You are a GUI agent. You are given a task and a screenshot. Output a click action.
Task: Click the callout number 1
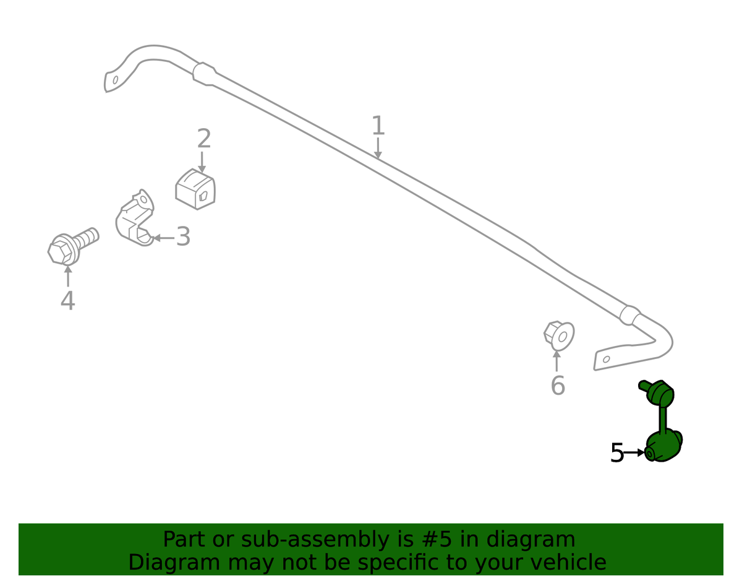pos(378,125)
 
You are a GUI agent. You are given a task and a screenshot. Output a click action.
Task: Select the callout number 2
pos(204,138)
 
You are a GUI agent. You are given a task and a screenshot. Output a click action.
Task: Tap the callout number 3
pos(183,236)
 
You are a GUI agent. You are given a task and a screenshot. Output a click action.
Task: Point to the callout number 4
pos(67,300)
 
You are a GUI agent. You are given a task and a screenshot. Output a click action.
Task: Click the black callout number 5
pos(617,452)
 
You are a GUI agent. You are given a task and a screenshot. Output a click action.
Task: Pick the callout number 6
pos(558,385)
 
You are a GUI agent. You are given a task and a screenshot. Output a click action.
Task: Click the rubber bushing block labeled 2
pos(195,189)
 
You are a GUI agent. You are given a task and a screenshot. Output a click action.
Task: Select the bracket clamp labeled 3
pos(135,218)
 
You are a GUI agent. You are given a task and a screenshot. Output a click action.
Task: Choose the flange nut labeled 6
pos(559,335)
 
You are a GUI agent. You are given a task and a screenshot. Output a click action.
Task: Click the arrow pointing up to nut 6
pos(556,361)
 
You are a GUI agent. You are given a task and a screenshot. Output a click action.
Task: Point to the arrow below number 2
pos(202,162)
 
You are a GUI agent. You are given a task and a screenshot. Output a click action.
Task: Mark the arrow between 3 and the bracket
pos(163,238)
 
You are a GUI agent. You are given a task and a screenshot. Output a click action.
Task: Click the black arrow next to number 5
pos(634,452)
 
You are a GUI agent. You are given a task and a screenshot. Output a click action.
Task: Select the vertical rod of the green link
pos(663,419)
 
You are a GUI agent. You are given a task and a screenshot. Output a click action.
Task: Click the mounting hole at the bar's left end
pos(116,80)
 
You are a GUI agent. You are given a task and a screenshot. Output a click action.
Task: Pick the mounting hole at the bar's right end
pos(607,359)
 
